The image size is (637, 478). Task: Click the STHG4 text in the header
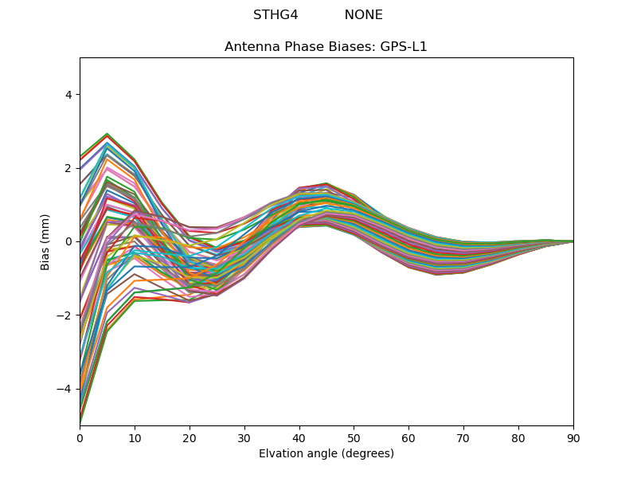[276, 15]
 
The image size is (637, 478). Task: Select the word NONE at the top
[363, 15]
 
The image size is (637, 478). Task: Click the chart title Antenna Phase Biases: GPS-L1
[326, 47]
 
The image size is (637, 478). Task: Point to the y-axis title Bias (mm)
[46, 241]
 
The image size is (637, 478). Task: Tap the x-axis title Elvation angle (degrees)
[326, 454]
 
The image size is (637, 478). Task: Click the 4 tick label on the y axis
[68, 95]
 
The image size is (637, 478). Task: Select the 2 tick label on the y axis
[68, 168]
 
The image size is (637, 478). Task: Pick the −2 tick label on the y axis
[64, 315]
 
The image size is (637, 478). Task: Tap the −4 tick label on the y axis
[64, 389]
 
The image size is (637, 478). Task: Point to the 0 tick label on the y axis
[68, 241]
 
